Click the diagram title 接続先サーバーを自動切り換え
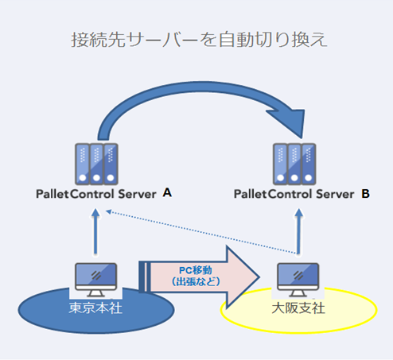199,40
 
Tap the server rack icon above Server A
96,165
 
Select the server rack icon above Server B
294,165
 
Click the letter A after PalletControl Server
167,192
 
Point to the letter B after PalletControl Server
365,194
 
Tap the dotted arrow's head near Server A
109,211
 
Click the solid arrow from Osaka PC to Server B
299,232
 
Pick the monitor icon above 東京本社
96,280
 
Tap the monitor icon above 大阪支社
298,280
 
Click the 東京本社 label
95,308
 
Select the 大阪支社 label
298,308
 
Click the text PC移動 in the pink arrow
196,270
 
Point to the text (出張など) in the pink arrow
196,281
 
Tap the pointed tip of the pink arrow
259,277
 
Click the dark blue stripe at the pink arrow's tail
142,277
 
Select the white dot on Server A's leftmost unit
83,178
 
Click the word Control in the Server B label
290,194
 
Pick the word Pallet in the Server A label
53,194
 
